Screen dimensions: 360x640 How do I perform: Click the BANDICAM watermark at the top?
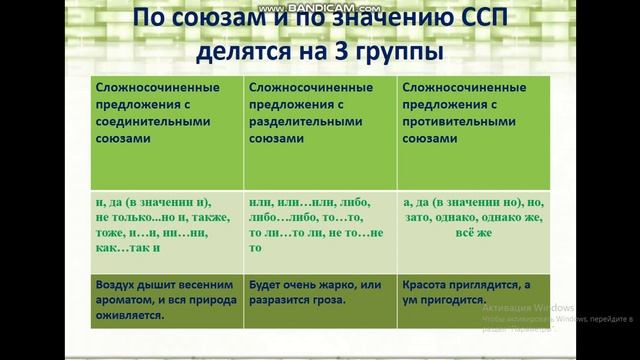pyautogui.click(x=319, y=7)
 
